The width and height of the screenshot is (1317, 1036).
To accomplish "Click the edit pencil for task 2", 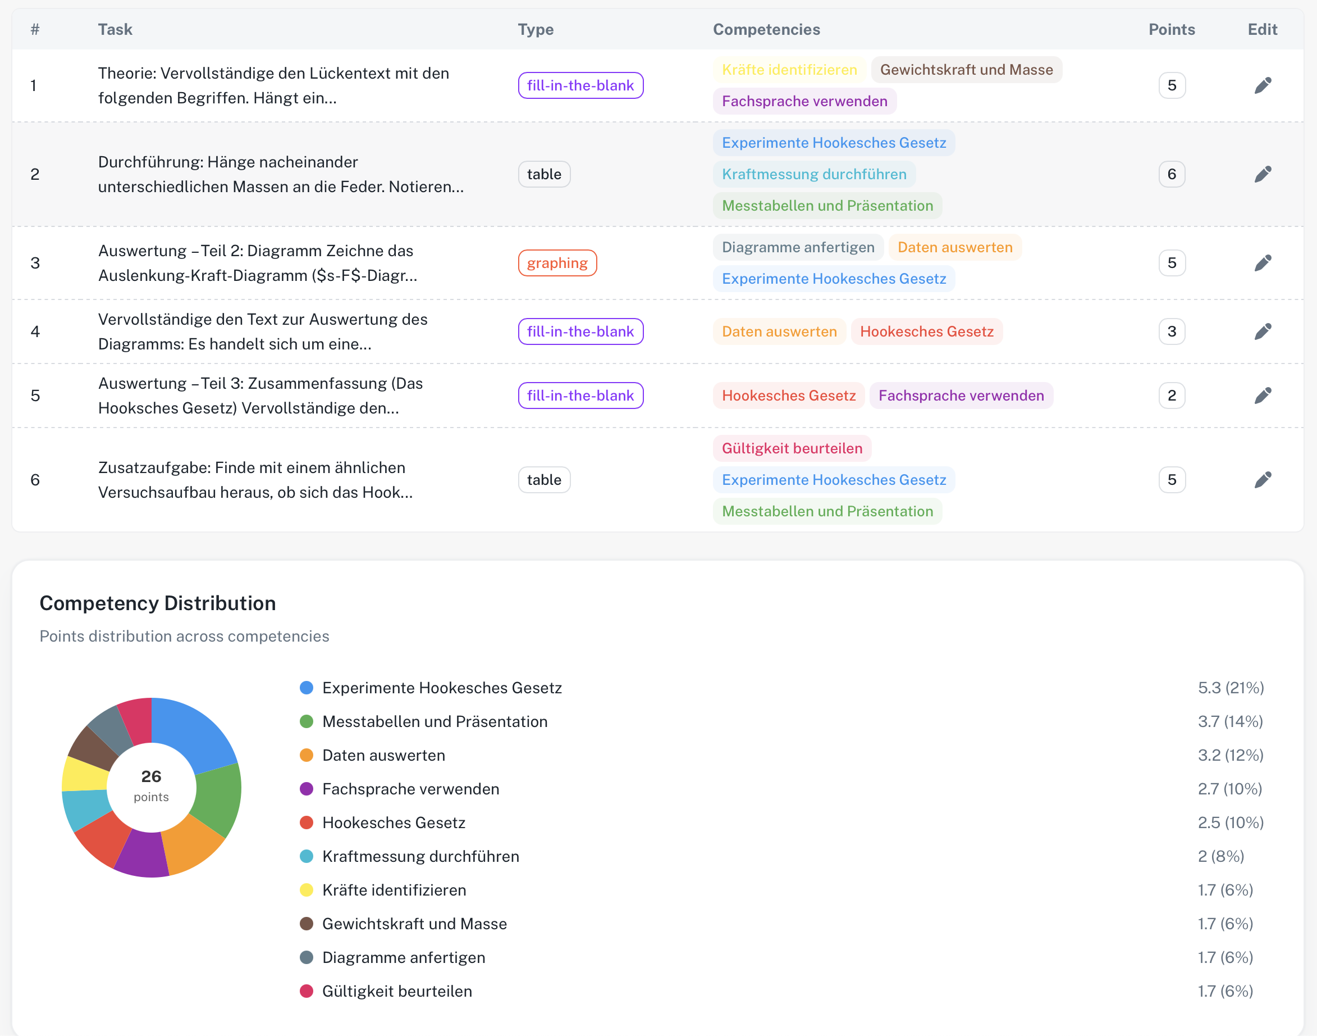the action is (x=1263, y=174).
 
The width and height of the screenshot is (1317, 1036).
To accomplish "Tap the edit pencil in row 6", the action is (x=1263, y=480).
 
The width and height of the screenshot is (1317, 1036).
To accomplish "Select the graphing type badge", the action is (x=557, y=262).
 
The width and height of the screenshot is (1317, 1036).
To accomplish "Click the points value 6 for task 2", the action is (x=1172, y=174).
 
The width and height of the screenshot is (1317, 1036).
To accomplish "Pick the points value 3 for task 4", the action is (x=1172, y=331).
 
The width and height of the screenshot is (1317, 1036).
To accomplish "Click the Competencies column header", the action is (x=766, y=29).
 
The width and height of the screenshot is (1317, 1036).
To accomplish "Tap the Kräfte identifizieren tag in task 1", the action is (x=789, y=70).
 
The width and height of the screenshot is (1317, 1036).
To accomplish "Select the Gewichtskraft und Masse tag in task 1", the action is (x=966, y=70).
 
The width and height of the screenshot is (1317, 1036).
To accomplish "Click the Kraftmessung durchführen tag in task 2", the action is (x=814, y=174).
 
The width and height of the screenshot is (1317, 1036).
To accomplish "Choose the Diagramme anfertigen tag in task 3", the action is (x=798, y=247).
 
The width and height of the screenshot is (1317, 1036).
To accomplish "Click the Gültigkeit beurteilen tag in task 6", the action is (x=792, y=448).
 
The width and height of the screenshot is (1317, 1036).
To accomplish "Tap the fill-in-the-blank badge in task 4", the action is (x=580, y=331).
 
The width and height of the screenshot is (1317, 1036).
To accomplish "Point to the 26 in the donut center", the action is (x=151, y=776).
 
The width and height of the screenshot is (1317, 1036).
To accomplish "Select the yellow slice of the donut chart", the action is (x=85, y=774).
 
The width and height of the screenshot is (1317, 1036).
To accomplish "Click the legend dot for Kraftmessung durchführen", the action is (x=307, y=856).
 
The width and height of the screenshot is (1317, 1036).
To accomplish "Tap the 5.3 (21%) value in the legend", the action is (x=1231, y=687).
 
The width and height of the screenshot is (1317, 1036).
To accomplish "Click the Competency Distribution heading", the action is (x=158, y=603).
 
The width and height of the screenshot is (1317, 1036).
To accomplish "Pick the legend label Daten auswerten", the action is (x=383, y=755).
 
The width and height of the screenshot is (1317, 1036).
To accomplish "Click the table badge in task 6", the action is (x=544, y=480).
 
